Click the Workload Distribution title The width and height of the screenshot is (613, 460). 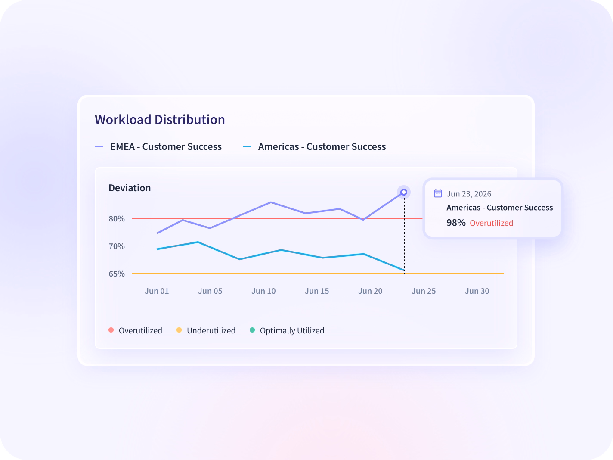click(x=160, y=120)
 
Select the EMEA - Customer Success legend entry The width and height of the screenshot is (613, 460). click(x=158, y=146)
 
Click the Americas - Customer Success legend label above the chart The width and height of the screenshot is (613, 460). click(x=322, y=146)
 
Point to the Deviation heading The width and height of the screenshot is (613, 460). click(x=130, y=188)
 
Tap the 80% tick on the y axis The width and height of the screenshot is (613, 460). click(x=117, y=219)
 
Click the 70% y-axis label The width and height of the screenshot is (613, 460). click(x=117, y=246)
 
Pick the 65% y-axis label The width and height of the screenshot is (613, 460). click(x=117, y=274)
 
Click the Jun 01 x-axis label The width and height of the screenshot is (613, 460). click(x=157, y=291)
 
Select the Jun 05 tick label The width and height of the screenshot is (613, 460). click(x=211, y=291)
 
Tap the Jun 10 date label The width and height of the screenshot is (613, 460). click(x=263, y=291)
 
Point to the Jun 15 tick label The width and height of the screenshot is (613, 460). click(x=317, y=291)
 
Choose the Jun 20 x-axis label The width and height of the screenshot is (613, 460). click(x=370, y=291)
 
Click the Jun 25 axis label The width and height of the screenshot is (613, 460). click(x=424, y=291)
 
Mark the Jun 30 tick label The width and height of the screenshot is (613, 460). click(x=477, y=291)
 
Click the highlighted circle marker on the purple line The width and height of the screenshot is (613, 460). click(x=404, y=192)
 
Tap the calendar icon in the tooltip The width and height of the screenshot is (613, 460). click(x=438, y=193)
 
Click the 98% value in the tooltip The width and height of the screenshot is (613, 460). click(x=456, y=223)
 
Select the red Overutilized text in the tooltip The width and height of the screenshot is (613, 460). click(x=492, y=223)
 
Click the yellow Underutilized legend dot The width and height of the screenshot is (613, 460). click(x=179, y=330)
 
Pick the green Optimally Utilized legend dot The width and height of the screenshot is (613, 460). click(x=252, y=330)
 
